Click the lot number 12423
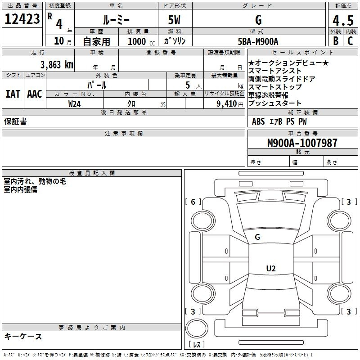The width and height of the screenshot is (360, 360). click(x=22, y=19)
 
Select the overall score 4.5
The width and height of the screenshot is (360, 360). click(x=343, y=20)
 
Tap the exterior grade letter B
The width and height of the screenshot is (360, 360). click(x=336, y=41)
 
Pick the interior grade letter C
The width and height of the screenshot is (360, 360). click(x=350, y=41)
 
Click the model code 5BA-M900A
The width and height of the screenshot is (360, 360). click(x=258, y=41)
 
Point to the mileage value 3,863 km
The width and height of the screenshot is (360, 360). click(x=57, y=65)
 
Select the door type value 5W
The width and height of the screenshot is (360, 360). click(x=174, y=20)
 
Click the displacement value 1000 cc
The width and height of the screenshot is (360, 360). click(x=141, y=42)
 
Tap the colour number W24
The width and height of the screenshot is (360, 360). click(x=74, y=104)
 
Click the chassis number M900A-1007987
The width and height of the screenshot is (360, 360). click(x=302, y=143)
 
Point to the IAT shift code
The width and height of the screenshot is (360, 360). click(x=13, y=94)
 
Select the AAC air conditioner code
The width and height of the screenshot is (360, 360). click(x=35, y=94)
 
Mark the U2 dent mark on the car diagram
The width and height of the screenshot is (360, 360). click(x=271, y=268)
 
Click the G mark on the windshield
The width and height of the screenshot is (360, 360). click(x=257, y=237)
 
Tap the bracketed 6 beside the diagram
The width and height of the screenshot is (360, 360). click(x=193, y=202)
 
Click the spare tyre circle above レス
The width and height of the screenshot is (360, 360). click(x=197, y=328)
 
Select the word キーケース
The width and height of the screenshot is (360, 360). click(x=23, y=336)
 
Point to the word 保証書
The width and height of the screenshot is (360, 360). click(x=15, y=121)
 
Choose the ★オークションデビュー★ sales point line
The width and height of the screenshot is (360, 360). click(x=288, y=63)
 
